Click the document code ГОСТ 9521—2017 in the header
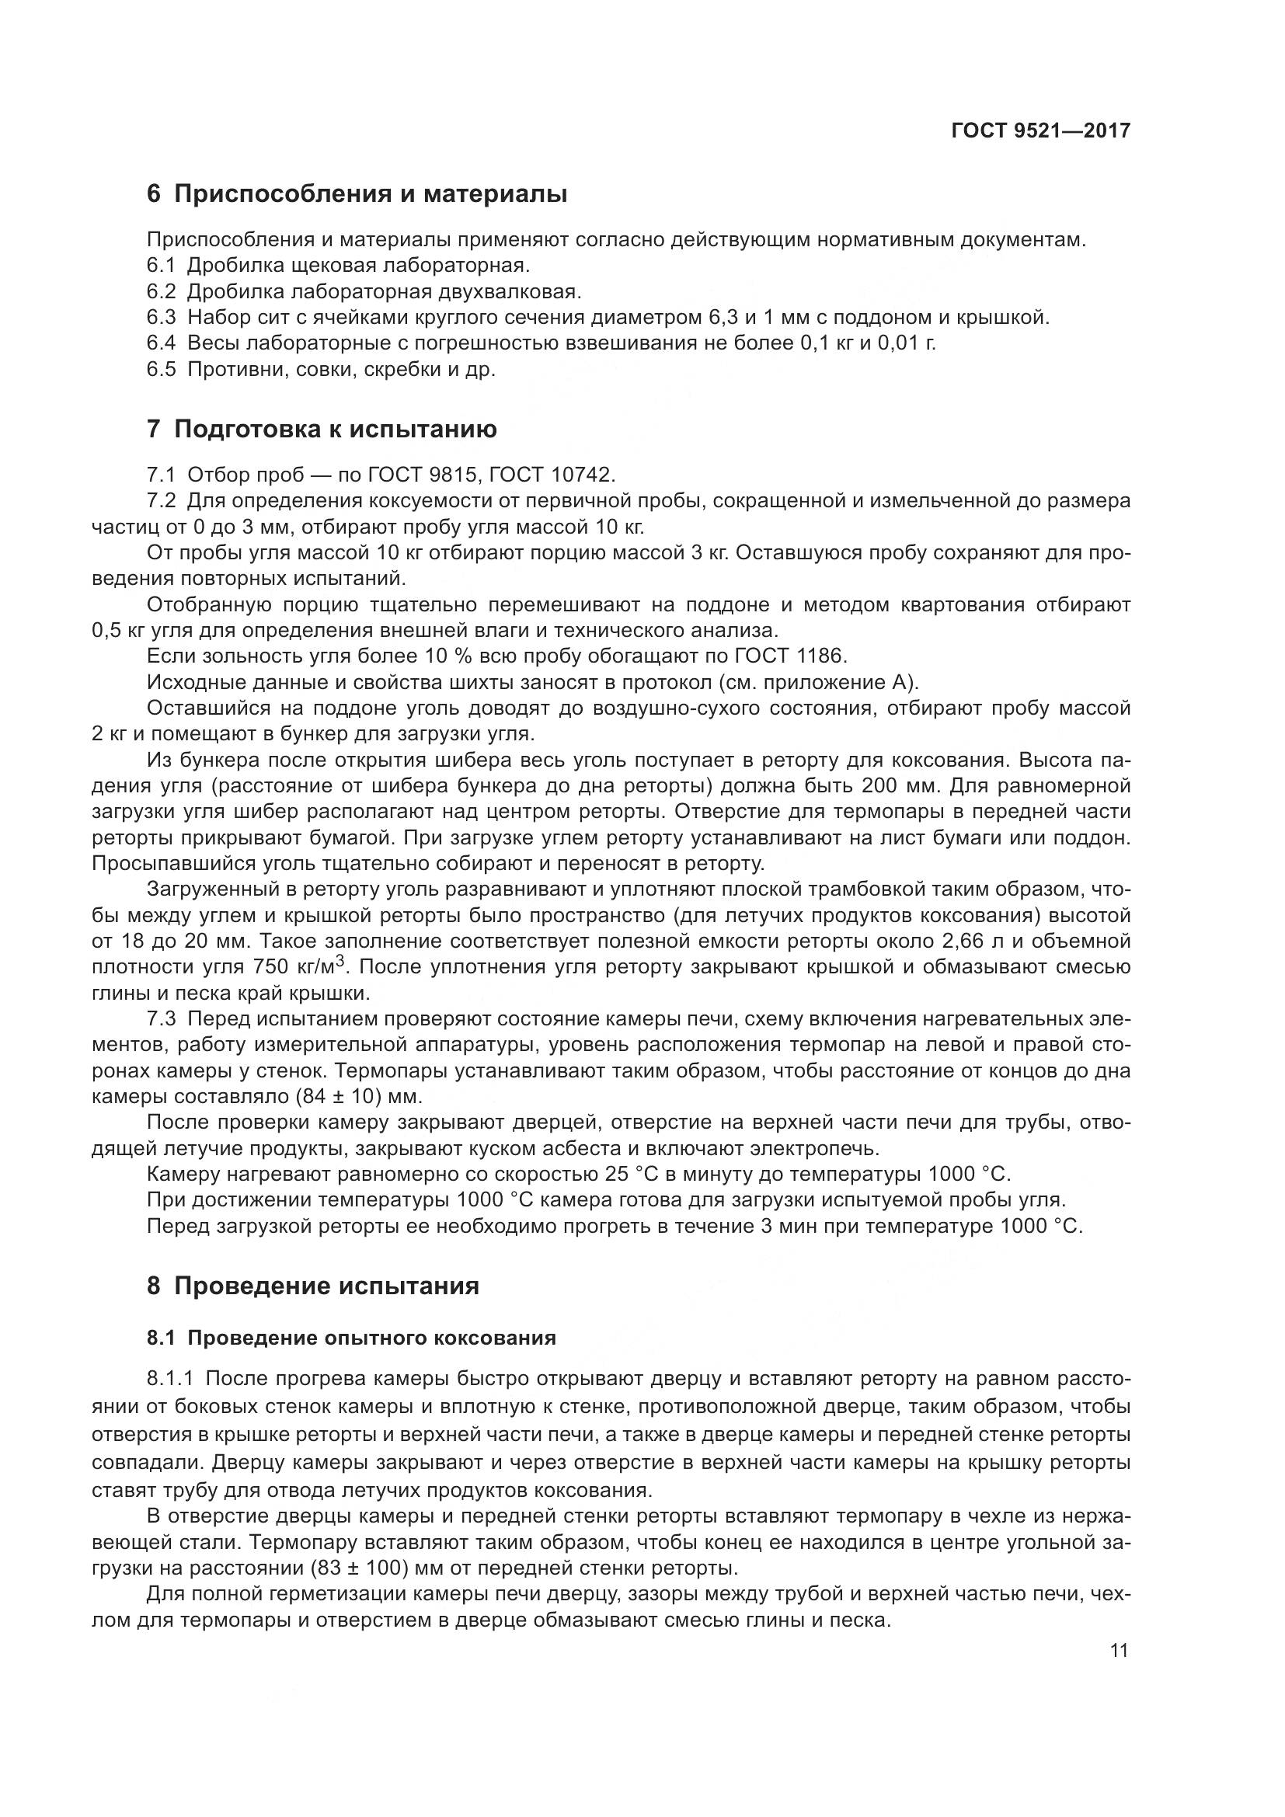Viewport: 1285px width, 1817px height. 1039,131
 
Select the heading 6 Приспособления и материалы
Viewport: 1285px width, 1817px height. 357,194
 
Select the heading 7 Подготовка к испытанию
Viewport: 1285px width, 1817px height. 322,430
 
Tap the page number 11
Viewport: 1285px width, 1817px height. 1119,1651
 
